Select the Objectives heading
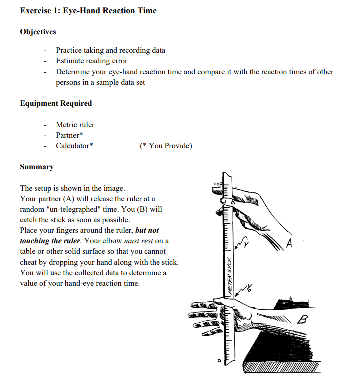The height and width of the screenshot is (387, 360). [x=38, y=32]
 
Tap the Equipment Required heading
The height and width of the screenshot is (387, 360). [x=56, y=103]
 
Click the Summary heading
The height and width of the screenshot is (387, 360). [x=37, y=167]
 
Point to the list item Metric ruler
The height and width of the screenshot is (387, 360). [x=75, y=124]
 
